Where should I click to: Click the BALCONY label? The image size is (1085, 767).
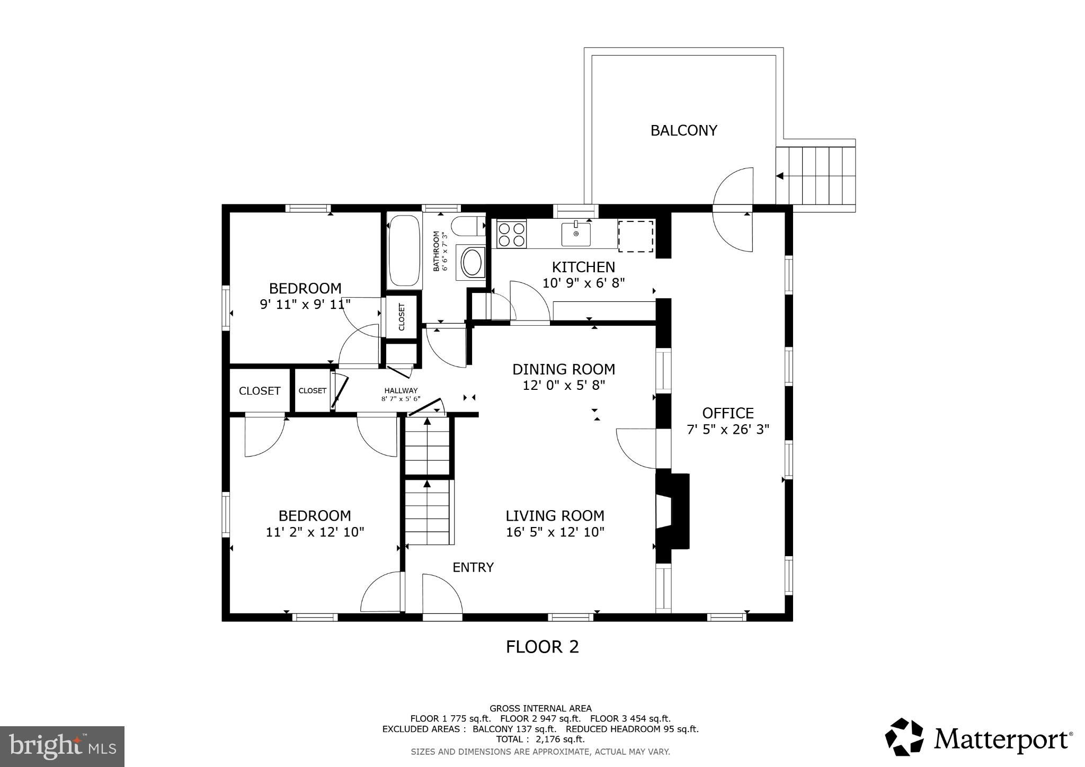(683, 130)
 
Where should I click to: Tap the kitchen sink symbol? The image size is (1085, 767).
(576, 234)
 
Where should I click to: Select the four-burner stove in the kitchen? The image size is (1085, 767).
(511, 234)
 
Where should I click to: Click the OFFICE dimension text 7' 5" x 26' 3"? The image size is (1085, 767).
(728, 429)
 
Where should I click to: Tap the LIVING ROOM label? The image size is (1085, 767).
(555, 515)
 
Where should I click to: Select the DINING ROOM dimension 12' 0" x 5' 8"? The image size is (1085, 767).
(564, 385)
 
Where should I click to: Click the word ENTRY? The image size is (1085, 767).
(473, 567)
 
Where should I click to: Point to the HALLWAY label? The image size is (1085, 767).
(401, 390)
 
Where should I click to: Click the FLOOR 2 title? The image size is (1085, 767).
(542, 647)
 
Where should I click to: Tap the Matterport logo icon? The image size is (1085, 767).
(904, 737)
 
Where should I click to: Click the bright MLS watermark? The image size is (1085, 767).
(63, 746)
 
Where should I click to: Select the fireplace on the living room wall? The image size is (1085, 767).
(673, 511)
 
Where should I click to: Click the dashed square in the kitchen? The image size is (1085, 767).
(636, 236)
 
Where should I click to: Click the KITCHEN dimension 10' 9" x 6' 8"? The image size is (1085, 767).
(584, 283)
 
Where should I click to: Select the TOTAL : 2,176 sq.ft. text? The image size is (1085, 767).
(540, 739)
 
